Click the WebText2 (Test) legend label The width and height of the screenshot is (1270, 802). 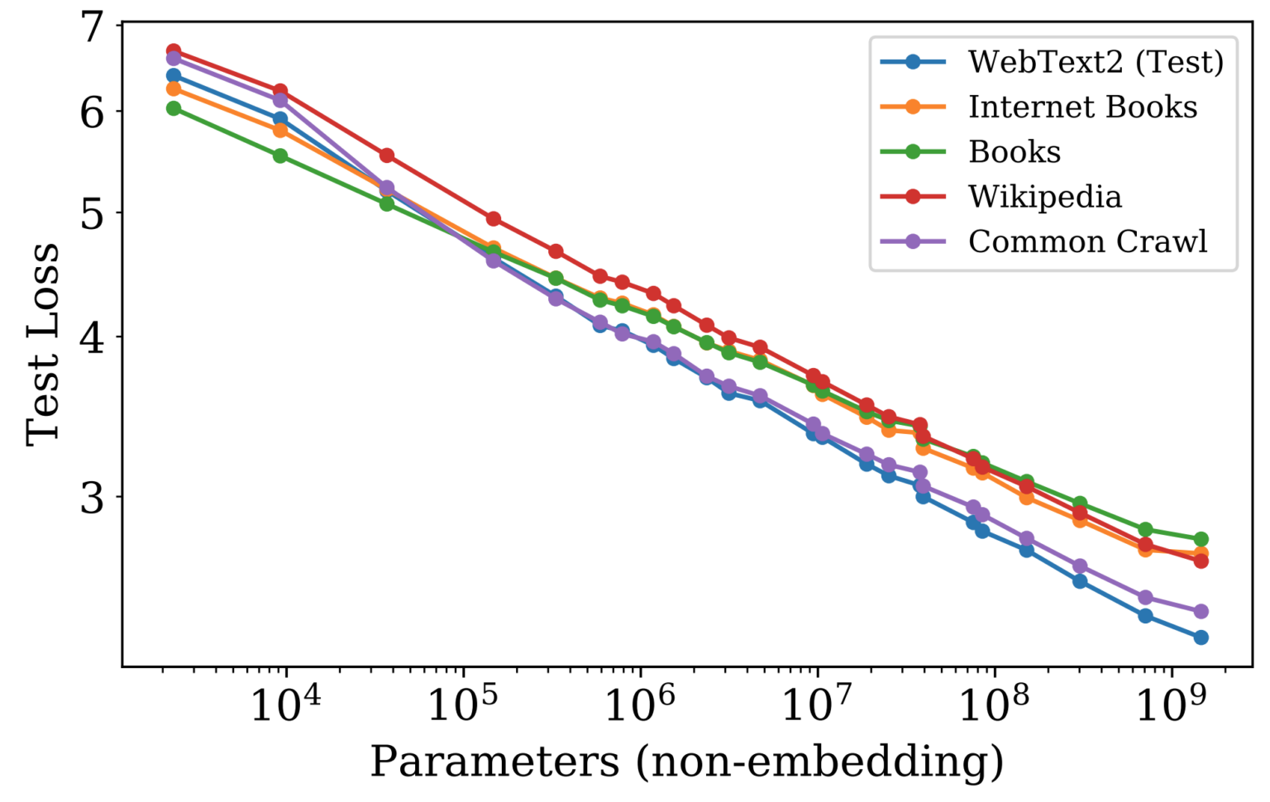[1095, 62]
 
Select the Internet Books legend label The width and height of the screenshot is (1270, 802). [1082, 107]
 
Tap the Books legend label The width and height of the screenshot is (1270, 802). [1014, 152]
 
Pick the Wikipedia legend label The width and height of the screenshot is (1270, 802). [1044, 197]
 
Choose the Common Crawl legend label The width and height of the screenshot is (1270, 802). [1087, 241]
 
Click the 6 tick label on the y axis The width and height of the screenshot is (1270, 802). [93, 112]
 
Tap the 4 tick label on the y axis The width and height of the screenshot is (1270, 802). [93, 337]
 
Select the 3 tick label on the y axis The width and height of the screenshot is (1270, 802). [93, 497]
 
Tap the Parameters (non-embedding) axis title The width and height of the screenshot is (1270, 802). [686, 761]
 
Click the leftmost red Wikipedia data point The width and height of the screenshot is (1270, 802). [174, 51]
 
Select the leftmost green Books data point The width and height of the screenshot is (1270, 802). [174, 108]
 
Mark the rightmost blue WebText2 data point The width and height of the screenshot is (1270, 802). [1201, 637]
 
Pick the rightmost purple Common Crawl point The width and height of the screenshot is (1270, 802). [1201, 612]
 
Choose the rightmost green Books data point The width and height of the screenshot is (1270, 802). [1201, 539]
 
